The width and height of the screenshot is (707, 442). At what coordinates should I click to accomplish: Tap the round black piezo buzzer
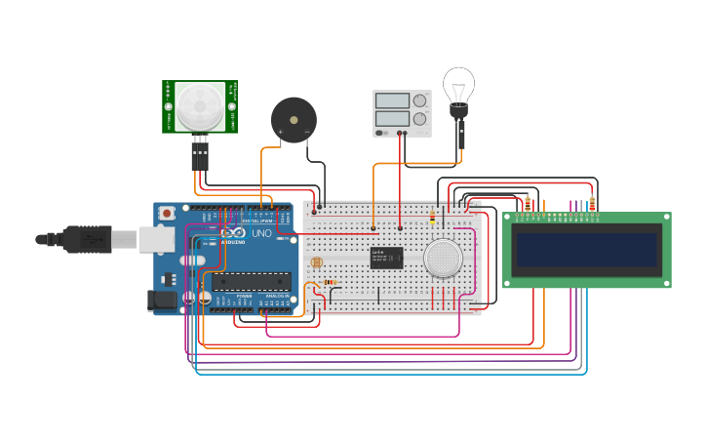(x=294, y=119)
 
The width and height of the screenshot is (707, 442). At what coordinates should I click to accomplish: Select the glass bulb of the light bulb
(x=458, y=84)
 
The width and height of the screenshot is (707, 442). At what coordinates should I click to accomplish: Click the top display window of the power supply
(x=392, y=100)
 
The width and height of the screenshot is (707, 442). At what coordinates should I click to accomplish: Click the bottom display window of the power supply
(x=392, y=119)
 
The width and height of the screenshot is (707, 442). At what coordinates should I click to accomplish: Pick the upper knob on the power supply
(x=420, y=100)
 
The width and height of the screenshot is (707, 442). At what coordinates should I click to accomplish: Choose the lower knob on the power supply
(x=420, y=119)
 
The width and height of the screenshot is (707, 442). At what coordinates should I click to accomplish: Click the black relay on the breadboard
(x=386, y=257)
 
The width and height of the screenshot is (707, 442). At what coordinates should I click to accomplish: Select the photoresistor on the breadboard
(x=315, y=263)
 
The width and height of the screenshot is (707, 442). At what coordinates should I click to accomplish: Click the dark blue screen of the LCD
(x=586, y=250)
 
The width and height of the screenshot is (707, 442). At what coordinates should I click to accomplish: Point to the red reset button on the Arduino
(x=168, y=212)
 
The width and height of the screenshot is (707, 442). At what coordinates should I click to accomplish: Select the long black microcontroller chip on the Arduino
(x=252, y=282)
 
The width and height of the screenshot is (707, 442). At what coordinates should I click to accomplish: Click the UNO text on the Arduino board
(x=261, y=234)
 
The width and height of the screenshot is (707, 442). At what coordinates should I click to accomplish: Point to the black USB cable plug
(x=88, y=238)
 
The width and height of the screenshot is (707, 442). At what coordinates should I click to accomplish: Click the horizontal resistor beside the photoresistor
(x=331, y=283)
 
